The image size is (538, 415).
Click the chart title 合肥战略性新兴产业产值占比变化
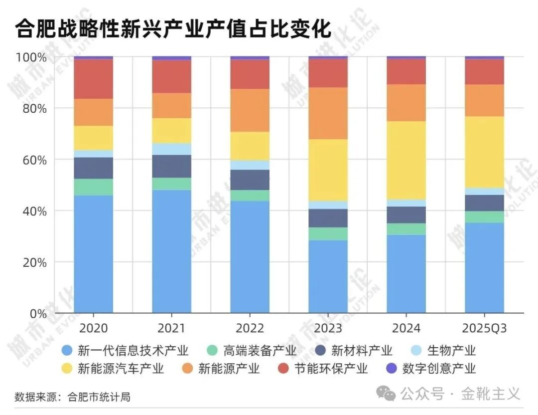click(173, 29)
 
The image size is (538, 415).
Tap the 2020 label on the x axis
click(93, 328)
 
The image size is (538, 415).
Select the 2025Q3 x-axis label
click(484, 328)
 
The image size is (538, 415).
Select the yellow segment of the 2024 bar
click(406, 160)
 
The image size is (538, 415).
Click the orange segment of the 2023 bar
click(328, 113)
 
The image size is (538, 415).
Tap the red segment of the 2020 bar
click(93, 79)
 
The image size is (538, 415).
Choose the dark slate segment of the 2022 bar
click(250, 180)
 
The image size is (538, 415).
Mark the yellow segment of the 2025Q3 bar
click(484, 152)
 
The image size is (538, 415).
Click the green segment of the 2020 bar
click(93, 187)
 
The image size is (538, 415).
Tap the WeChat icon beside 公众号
click(386, 394)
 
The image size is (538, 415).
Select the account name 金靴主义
click(490, 394)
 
